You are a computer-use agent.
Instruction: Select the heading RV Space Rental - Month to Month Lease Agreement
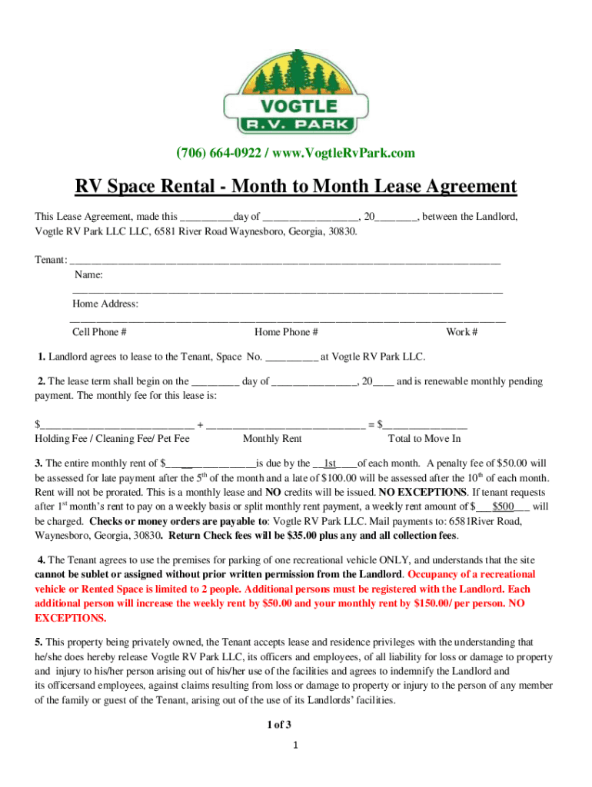[296, 187]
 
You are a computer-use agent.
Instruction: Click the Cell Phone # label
[99, 332]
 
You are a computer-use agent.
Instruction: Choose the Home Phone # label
[286, 332]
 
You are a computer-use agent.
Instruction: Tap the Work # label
[462, 332]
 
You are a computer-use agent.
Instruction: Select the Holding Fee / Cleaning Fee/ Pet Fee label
[112, 439]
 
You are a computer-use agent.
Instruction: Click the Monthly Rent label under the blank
[272, 439]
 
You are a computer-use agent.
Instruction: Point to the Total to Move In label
[425, 439]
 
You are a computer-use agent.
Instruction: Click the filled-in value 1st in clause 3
[331, 463]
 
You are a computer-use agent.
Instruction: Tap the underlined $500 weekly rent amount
[504, 506]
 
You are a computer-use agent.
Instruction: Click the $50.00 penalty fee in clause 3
[514, 463]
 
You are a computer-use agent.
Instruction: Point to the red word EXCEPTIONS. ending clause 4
[72, 618]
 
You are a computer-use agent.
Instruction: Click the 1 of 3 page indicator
[278, 725]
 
